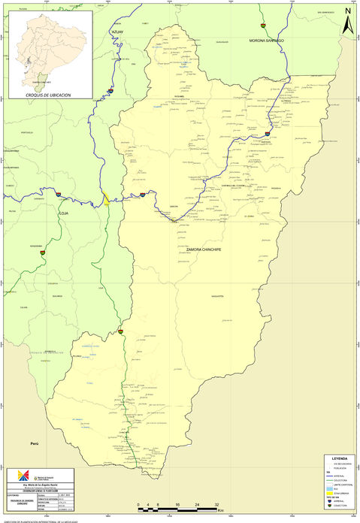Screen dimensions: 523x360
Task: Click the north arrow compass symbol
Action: pos(347,20)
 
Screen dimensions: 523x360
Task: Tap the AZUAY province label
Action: pos(116,33)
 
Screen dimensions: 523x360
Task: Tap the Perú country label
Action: pos(34,445)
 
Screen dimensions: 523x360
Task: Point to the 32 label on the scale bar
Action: pos(216,504)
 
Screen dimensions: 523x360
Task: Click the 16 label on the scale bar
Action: pos(177,504)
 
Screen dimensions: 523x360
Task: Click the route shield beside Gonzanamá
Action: pos(44,252)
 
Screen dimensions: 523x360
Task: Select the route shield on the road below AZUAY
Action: pos(110,91)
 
